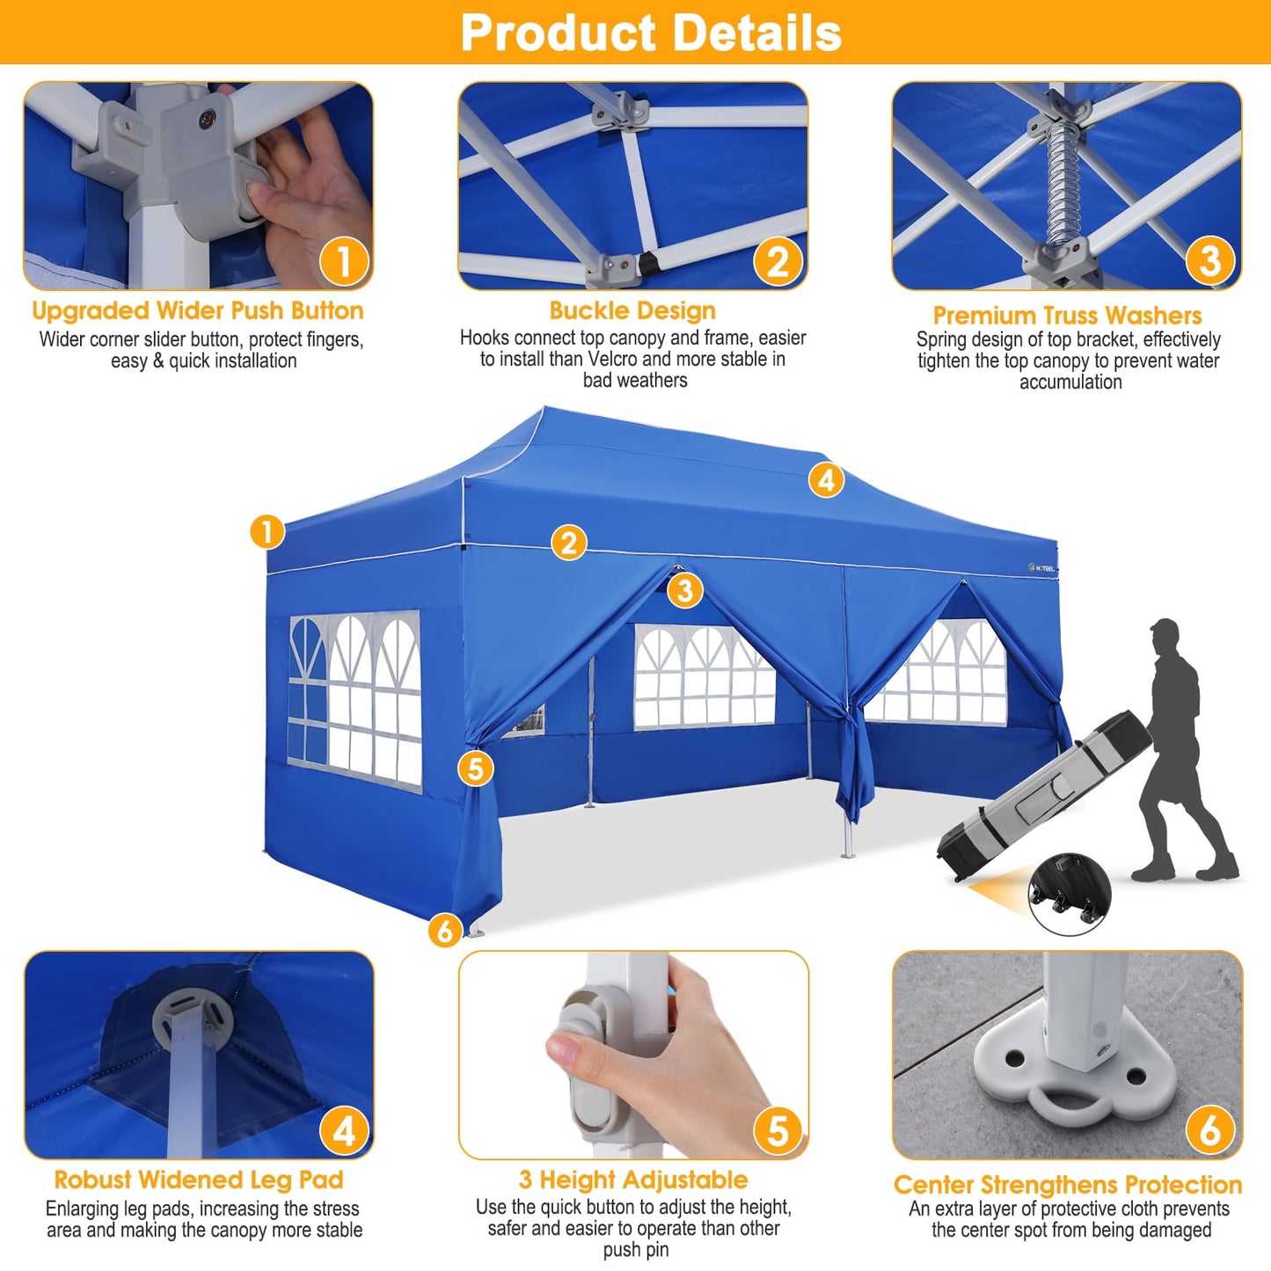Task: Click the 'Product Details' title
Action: click(651, 33)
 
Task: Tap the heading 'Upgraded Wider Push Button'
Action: click(198, 310)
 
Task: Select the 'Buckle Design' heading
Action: click(632, 310)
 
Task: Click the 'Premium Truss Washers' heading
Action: click(1067, 315)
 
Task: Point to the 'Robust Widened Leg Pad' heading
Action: click(199, 1180)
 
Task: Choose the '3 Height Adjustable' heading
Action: click(633, 1180)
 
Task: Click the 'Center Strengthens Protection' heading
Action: click(1068, 1185)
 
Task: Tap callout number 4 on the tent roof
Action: click(826, 480)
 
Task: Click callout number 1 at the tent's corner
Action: click(267, 531)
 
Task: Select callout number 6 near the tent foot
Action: click(445, 930)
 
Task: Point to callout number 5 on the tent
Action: click(475, 768)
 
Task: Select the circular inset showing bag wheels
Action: click(1069, 893)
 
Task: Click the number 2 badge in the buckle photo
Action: click(778, 262)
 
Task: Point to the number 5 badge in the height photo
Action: click(778, 1131)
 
